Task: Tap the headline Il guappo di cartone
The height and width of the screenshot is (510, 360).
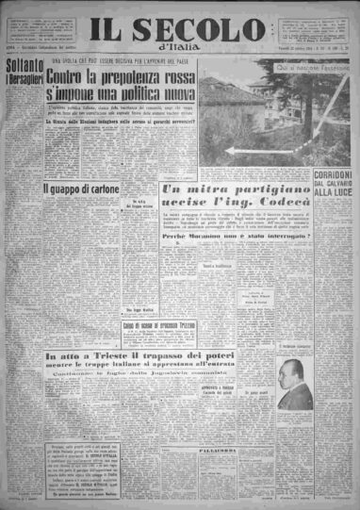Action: (73, 189)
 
